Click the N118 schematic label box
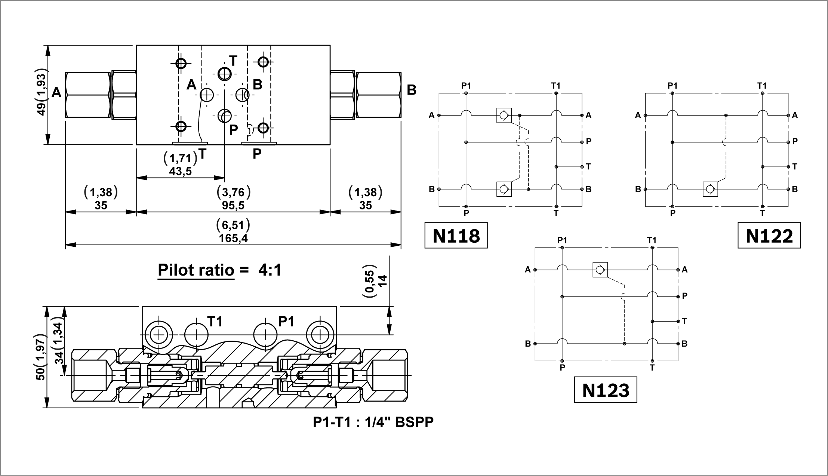pos(456,236)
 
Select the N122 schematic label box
pos(769,236)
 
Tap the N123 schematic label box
pos(605,390)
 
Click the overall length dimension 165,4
pos(234,238)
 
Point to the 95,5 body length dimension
pos(233,205)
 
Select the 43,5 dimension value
pos(180,171)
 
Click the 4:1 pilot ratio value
pos(270,270)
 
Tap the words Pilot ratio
pos(196,270)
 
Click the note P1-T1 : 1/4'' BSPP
pos(373,422)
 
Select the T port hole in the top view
pos(225,74)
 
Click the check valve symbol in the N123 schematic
pos(600,270)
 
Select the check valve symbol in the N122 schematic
pos(710,189)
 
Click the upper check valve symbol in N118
pos(504,115)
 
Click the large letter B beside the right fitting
pos(411,90)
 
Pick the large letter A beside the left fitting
pos(56,92)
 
